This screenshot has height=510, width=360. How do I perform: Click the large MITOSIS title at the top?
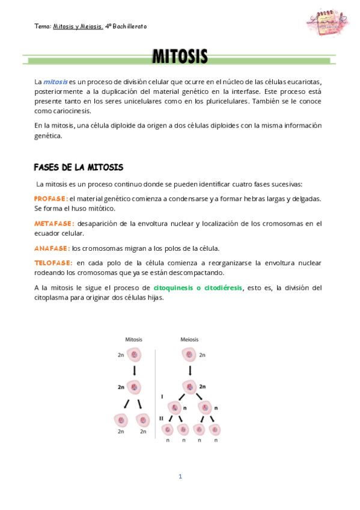pyautogui.click(x=180, y=58)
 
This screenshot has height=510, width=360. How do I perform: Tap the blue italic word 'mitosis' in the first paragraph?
pyautogui.click(x=55, y=81)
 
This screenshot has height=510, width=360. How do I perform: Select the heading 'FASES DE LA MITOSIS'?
pyautogui.click(x=78, y=167)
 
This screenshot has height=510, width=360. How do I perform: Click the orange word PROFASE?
pyautogui.click(x=50, y=198)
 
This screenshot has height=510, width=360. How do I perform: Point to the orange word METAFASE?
pyautogui.click(x=54, y=224)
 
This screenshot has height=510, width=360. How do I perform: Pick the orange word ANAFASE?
pyautogui.click(x=52, y=248)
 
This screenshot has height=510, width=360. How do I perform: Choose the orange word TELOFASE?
pyautogui.click(x=53, y=263)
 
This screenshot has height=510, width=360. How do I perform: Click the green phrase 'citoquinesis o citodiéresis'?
pyautogui.click(x=198, y=288)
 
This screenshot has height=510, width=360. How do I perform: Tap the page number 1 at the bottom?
pyautogui.click(x=180, y=476)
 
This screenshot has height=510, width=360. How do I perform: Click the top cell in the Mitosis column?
pyautogui.click(x=133, y=355)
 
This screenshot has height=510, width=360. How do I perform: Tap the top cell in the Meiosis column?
pyautogui.click(x=190, y=355)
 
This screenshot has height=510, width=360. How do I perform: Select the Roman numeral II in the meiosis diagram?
pyautogui.click(x=161, y=417)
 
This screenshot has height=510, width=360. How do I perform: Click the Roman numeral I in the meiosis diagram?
pyautogui.click(x=162, y=397)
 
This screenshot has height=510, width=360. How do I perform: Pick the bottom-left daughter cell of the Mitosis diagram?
pyautogui.click(x=121, y=419)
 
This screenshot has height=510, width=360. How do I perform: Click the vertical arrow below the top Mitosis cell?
pyautogui.click(x=133, y=371)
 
